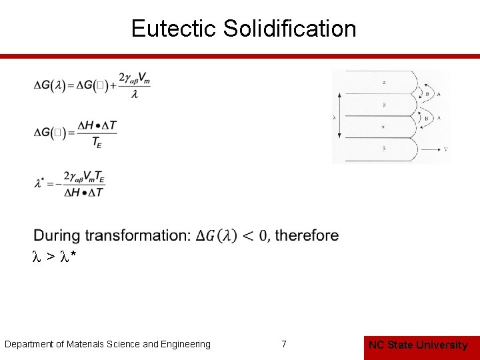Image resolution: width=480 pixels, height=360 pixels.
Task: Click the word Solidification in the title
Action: (x=290, y=29)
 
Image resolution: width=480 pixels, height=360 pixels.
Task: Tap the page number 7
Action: (x=284, y=344)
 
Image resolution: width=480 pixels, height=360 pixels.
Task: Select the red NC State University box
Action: (x=418, y=345)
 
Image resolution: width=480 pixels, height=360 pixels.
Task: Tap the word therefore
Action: (x=307, y=235)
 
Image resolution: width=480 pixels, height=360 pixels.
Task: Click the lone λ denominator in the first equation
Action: (x=135, y=95)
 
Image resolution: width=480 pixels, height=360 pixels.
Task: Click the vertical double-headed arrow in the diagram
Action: (x=341, y=116)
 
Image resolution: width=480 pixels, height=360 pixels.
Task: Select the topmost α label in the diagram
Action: (x=385, y=83)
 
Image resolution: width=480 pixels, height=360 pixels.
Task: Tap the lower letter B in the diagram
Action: (x=427, y=119)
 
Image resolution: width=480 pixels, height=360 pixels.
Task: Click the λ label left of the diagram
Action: (x=334, y=117)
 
